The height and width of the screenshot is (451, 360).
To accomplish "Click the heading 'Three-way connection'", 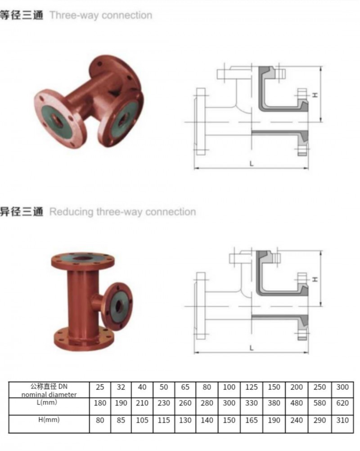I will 100,15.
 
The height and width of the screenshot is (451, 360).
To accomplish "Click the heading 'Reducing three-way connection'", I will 122,212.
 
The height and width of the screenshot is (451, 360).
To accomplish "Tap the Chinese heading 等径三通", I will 22,15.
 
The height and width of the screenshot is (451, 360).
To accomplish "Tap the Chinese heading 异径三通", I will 22,212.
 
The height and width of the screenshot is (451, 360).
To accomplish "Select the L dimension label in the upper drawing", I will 252,164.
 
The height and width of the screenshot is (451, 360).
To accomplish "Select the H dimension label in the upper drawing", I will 315,95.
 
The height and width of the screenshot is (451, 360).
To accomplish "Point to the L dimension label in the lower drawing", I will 252,348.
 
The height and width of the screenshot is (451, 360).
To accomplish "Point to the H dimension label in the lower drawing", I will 315,279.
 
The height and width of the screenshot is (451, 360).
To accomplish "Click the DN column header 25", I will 99,387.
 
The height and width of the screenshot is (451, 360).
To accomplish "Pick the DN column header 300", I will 342,387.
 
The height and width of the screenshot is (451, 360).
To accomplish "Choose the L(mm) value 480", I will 297,403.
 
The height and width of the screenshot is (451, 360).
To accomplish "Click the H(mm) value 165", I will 252,420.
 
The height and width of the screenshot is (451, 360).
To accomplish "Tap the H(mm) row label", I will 48,419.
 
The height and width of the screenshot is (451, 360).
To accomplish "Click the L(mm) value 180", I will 99,403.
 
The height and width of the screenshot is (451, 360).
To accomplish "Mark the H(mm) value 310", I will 342,420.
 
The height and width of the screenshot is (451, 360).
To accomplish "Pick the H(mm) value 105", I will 142,420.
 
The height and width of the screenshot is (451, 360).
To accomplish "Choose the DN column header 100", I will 229,387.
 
